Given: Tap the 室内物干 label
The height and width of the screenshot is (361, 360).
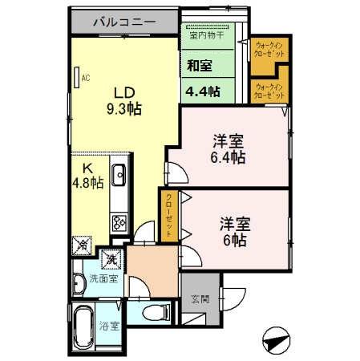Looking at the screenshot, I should coord(206,35).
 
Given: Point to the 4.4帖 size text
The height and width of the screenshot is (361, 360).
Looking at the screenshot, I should coord(202,91).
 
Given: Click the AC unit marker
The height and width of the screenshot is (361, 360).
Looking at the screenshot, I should coord(83,78).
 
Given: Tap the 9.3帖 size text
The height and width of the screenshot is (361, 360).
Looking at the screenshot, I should coord(127,108).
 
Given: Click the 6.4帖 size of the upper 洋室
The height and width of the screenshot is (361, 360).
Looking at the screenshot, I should coord(228,157).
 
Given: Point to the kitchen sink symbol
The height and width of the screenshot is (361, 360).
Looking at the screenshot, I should coord(119,174).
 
